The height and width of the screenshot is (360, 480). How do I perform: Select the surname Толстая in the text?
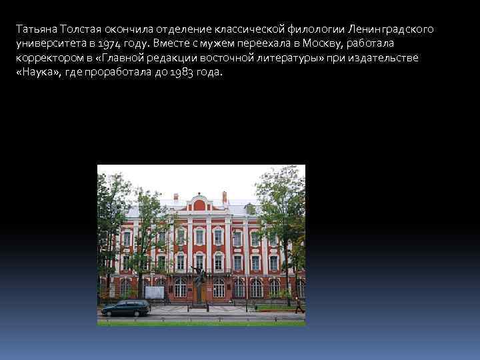80,29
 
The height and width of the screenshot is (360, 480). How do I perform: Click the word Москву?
323,43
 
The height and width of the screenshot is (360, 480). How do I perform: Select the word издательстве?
387,57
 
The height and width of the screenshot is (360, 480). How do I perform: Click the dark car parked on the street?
125,307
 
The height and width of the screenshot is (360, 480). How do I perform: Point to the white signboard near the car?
155,292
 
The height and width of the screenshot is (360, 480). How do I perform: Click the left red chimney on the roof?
175,197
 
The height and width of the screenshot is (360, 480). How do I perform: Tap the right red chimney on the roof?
224,197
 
